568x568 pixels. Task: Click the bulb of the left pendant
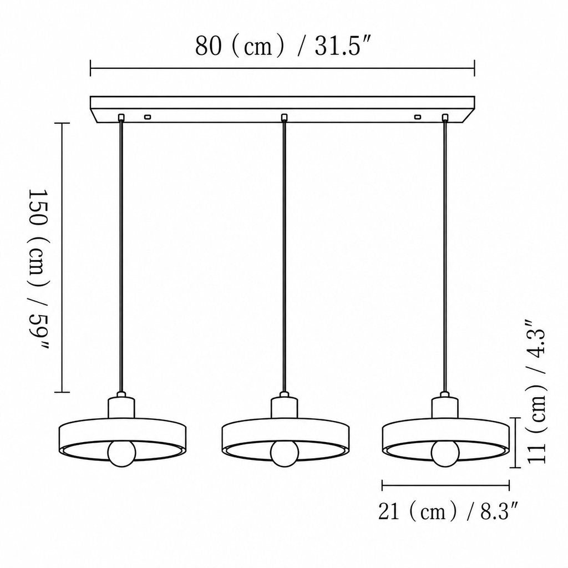pos(121,453)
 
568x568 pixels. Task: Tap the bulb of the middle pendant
pos(285,453)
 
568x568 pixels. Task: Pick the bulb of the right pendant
pos(445,453)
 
